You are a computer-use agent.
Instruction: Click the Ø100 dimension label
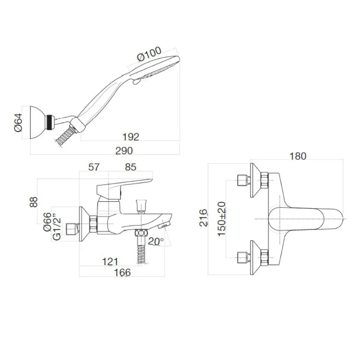point(149,54)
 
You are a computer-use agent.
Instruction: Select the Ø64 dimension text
point(19,122)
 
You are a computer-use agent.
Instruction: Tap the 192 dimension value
point(131,137)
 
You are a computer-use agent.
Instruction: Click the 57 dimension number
point(94,167)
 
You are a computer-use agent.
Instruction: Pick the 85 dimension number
point(131,167)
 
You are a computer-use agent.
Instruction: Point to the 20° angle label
point(156,241)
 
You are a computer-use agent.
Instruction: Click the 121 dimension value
point(110,262)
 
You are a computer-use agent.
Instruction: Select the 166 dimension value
point(122,272)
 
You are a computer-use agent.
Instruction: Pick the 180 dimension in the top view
point(297,156)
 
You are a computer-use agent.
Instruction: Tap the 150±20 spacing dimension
point(222,218)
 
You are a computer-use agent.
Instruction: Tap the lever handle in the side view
point(123,185)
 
